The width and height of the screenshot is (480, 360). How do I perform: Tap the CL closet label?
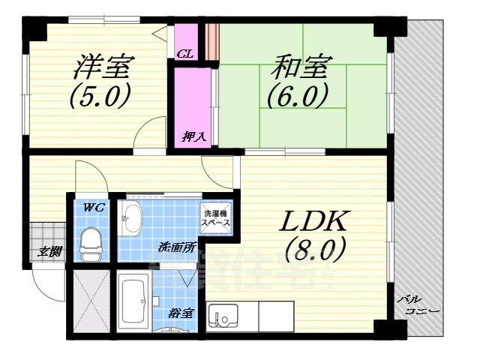[x=186, y=53]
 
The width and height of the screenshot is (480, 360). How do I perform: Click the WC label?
[x=92, y=207]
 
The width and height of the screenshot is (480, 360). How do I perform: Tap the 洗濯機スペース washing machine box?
[x=214, y=217]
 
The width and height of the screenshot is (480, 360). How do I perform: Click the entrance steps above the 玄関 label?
[x=49, y=234]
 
